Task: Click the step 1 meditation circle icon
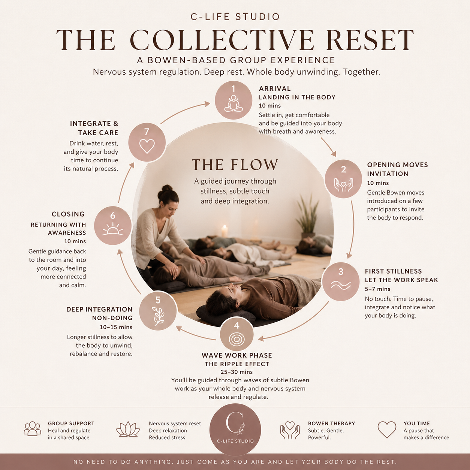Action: coord(233,100)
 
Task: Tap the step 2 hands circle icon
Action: coord(343,179)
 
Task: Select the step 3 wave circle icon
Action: coord(341,281)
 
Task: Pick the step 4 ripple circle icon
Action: coord(236,335)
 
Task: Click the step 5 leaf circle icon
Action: coord(158,311)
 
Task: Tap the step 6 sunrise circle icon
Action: coord(113,226)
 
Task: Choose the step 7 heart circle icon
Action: coord(147,142)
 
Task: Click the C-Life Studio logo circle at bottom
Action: coord(235,429)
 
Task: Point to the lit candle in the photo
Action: coord(225,231)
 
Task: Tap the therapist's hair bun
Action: coord(167,188)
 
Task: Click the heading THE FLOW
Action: coord(235,165)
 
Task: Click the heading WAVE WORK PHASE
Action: coord(237,355)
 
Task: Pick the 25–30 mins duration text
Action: coord(236,372)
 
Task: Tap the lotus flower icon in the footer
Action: coord(128,429)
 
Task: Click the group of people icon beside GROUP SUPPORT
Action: coord(33,429)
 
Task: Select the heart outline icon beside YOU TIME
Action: coord(387,430)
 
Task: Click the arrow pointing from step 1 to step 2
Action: coord(328,147)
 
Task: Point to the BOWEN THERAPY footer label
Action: coord(331,424)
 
